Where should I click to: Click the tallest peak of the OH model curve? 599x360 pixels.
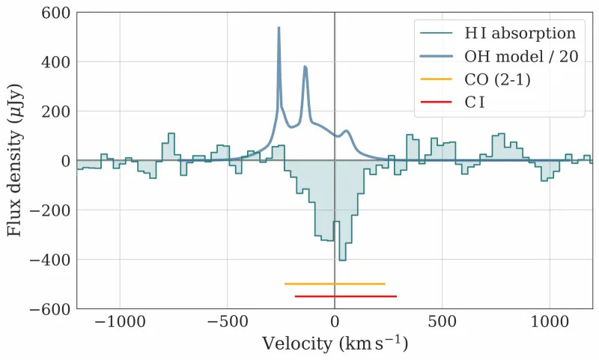(x=279, y=28)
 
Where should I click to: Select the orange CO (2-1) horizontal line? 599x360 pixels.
(x=335, y=284)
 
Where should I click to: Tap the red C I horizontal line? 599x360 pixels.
(x=345, y=296)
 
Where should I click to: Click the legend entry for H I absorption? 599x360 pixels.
(x=520, y=33)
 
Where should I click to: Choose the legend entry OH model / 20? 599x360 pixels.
(x=520, y=56)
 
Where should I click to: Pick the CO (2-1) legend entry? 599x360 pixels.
(x=497, y=79)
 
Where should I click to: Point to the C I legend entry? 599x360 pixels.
(x=474, y=103)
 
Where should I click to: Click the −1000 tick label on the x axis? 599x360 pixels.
(x=119, y=323)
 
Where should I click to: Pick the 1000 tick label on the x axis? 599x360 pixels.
(x=550, y=323)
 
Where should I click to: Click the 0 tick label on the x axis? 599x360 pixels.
(x=335, y=323)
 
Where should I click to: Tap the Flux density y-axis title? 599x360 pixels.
(x=15, y=160)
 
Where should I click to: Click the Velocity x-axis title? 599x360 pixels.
(x=335, y=345)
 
